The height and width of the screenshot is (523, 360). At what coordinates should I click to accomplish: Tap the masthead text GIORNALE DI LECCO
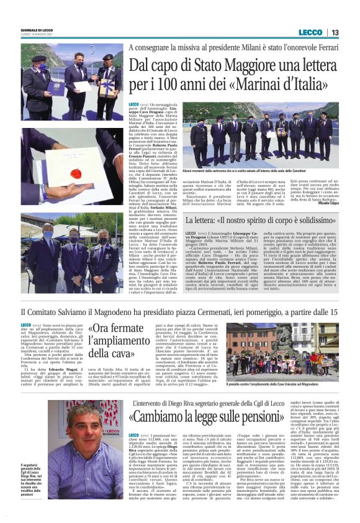[x=36, y=30]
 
